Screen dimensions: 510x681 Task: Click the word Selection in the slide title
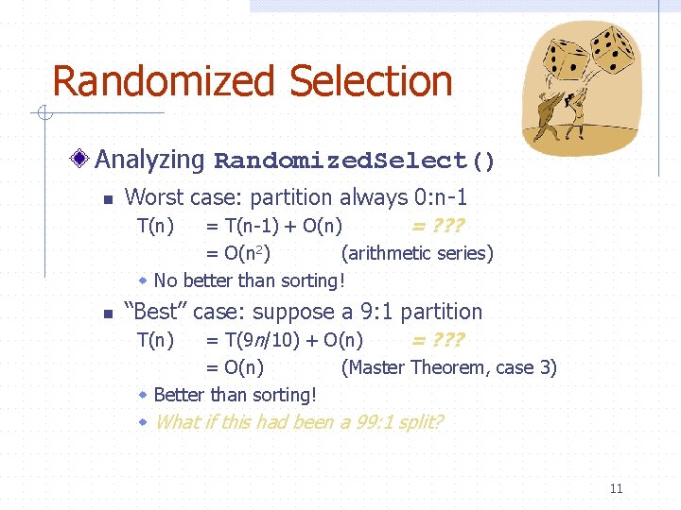click(371, 81)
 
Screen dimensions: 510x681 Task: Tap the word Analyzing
click(149, 160)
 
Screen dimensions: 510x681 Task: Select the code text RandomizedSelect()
click(355, 161)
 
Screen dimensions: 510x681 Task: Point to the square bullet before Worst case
click(107, 200)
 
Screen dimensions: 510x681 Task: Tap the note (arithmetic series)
click(417, 253)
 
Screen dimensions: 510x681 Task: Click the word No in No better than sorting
click(165, 280)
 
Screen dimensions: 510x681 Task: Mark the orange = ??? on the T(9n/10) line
click(437, 340)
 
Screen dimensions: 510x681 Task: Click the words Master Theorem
click(421, 367)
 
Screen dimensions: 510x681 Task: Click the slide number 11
click(616, 488)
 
